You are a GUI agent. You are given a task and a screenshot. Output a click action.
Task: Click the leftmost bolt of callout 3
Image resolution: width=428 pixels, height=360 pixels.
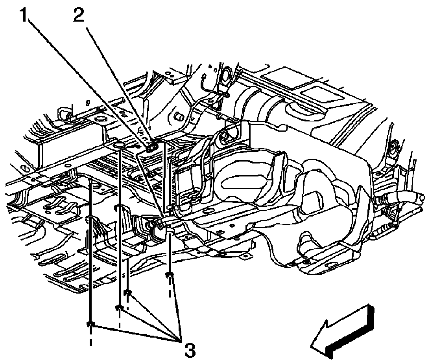point(90,324)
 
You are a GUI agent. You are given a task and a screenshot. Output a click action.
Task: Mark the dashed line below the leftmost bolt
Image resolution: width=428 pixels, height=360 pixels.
point(90,338)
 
